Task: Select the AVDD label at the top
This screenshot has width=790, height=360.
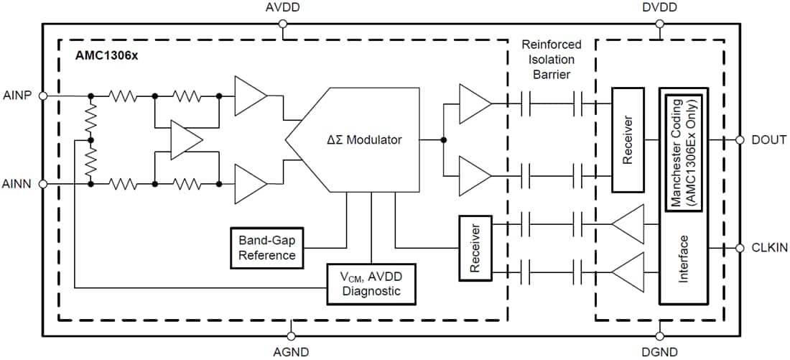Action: [x=282, y=8]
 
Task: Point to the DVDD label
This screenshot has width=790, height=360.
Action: [x=659, y=8]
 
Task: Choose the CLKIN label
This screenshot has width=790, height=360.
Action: [x=769, y=248]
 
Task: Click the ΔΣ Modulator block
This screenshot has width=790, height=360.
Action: [x=359, y=140]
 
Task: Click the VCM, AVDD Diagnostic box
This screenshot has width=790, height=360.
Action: [x=371, y=283]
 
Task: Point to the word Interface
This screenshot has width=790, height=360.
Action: [x=684, y=259]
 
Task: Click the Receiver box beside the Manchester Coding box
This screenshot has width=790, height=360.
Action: [x=628, y=140]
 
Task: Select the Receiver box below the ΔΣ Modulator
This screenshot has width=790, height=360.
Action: [x=474, y=248]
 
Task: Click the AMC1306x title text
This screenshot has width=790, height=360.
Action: [x=107, y=55]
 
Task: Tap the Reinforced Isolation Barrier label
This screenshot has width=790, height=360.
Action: [x=552, y=59]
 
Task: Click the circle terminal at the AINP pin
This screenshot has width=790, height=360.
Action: [x=42, y=95]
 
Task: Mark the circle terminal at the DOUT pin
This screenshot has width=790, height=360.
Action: [x=739, y=140]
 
